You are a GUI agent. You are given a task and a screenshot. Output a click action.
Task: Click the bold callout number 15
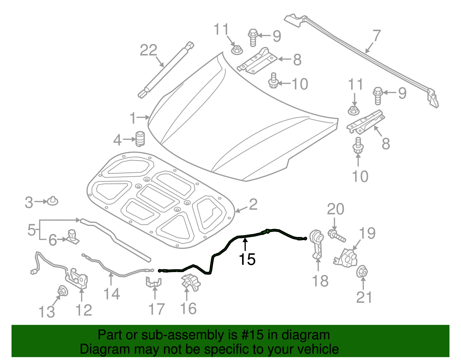247,259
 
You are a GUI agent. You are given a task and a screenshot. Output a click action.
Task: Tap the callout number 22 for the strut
148,50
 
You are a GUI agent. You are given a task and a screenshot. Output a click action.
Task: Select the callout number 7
377,35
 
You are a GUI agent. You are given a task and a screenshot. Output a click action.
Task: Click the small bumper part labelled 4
140,139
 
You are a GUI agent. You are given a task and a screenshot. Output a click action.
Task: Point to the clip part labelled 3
52,201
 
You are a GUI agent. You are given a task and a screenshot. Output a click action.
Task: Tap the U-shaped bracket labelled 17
153,282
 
